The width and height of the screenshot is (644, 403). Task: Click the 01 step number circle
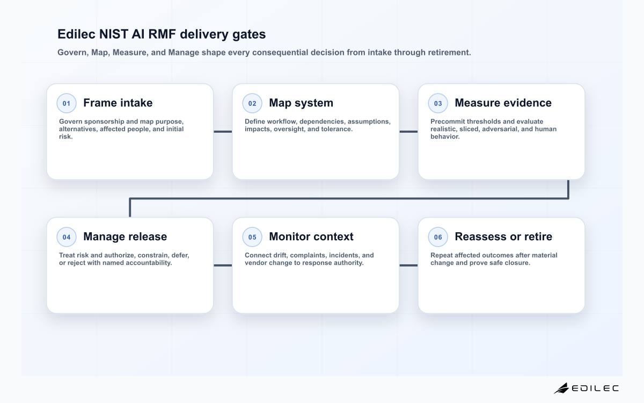pos(67,103)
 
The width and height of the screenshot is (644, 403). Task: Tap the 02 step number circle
pos(252,103)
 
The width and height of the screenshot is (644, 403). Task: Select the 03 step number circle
pos(438,103)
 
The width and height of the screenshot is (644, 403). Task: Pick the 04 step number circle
pos(67,237)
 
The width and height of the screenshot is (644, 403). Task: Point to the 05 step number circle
pos(252,237)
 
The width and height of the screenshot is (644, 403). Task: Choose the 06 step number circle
pos(438,237)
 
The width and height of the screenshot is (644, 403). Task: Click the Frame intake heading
pos(118,103)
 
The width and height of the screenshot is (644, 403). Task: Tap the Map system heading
pos(301,103)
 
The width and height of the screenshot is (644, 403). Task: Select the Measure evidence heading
pos(503,103)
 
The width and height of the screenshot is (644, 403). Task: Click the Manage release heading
pos(125,236)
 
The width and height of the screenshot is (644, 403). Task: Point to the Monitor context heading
pos(311,236)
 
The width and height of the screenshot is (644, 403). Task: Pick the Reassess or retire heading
pos(503,236)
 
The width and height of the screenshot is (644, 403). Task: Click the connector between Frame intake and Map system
pos(223,132)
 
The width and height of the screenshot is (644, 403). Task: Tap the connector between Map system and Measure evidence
pos(408,132)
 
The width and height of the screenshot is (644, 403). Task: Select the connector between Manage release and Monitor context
pos(223,265)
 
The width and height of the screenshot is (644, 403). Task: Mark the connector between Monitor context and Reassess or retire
pos(408,265)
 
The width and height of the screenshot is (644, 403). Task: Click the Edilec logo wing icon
pos(561,388)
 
